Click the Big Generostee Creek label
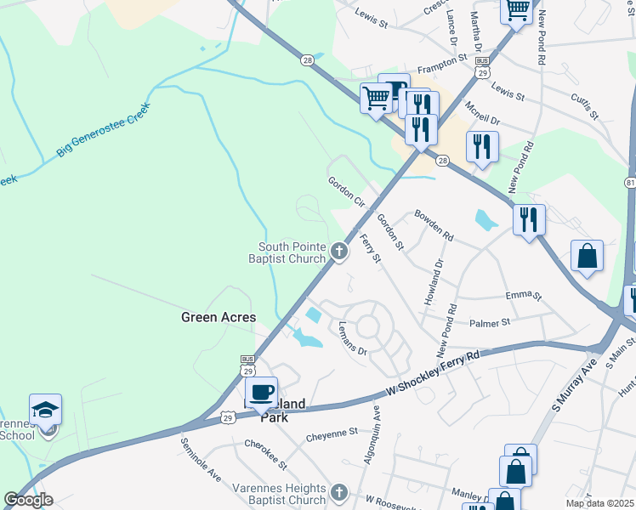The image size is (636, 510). pyautogui.click(x=103, y=130)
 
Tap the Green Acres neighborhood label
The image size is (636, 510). pyautogui.click(x=219, y=317)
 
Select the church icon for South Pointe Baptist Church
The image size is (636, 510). pyautogui.click(x=339, y=251)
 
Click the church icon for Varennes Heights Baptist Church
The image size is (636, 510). pyautogui.click(x=338, y=493)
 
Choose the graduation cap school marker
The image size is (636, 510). pyautogui.click(x=45, y=411)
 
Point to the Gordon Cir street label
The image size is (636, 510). pyautogui.click(x=346, y=193)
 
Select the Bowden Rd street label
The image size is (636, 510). pyautogui.click(x=434, y=225)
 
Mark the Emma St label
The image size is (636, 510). pyautogui.click(x=523, y=296)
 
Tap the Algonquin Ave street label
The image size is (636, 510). pyautogui.click(x=374, y=433)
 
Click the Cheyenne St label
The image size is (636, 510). pyautogui.click(x=332, y=433)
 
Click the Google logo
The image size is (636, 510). pyautogui.click(x=28, y=500)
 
